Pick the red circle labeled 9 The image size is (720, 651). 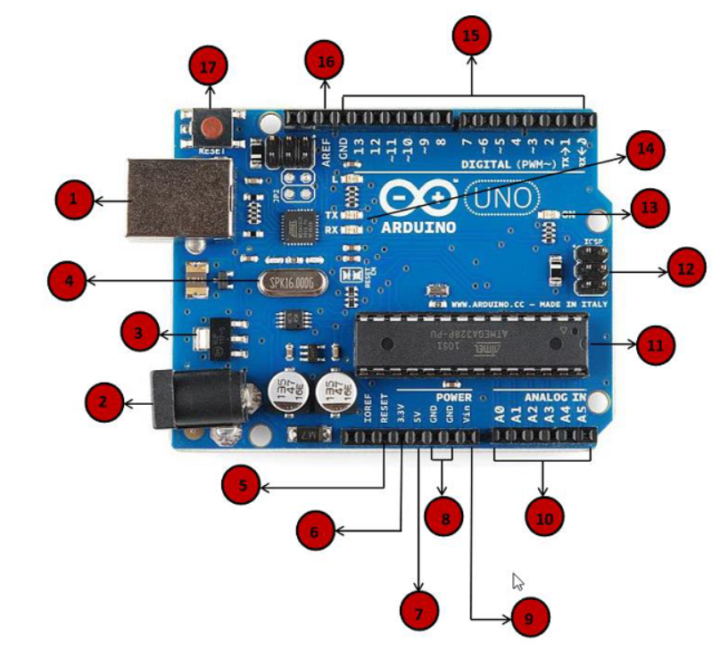pyautogui.click(x=529, y=615)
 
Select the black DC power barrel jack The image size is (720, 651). pyautogui.click(x=182, y=399)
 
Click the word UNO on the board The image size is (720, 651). pyautogui.click(x=503, y=195)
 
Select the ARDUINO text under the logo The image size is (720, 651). pyautogui.click(x=418, y=227)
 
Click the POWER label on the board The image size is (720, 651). pyautogui.click(x=453, y=396)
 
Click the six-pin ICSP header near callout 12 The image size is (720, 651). pyautogui.click(x=592, y=271)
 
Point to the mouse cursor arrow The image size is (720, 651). pyautogui.click(x=517, y=581)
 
